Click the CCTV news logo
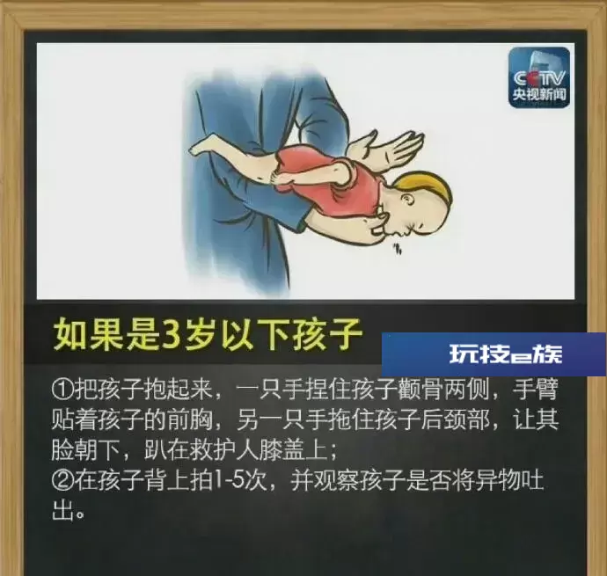pos(539,77)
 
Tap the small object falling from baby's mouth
pos(397,249)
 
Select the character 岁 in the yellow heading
pos(201,333)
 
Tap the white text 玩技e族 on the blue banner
pos(506,354)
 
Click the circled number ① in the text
pos(62,390)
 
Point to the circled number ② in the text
pos(62,480)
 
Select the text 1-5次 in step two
pos(243,480)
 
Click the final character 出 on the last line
pos(62,511)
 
